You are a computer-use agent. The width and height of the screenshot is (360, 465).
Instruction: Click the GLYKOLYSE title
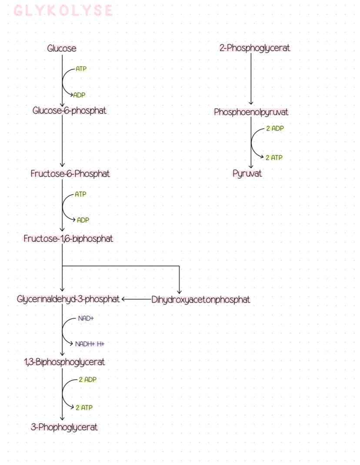(63, 11)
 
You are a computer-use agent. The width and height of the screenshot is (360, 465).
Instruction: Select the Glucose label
(62, 48)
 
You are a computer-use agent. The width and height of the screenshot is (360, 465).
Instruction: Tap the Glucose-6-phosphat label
(70, 110)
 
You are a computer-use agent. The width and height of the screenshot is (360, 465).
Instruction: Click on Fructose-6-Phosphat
(70, 174)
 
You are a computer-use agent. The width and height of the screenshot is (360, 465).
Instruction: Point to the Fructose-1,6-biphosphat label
(68, 238)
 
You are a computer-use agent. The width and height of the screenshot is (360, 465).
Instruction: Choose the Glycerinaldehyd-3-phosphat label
(68, 299)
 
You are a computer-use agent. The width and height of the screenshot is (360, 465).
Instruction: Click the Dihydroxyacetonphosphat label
(201, 299)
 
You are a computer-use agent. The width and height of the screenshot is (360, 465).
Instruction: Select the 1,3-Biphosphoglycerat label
(64, 361)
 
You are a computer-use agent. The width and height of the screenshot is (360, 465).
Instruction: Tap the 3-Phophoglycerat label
(64, 427)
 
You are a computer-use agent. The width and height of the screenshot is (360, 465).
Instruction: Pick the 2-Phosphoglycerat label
(255, 48)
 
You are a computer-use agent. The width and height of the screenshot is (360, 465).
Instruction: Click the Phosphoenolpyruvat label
(251, 112)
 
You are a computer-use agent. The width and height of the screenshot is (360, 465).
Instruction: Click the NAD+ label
(86, 318)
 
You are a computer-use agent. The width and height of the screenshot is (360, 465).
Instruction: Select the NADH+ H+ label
(90, 344)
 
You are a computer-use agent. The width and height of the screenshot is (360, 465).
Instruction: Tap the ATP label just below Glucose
(81, 69)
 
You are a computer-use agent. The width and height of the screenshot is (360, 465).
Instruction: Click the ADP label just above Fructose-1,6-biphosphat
(83, 220)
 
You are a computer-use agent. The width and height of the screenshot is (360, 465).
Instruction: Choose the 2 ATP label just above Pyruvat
(274, 157)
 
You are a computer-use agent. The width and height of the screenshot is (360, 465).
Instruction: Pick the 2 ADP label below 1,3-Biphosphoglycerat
(88, 380)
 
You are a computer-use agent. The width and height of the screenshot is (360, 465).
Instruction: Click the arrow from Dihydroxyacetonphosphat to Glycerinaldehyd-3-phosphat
(137, 299)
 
